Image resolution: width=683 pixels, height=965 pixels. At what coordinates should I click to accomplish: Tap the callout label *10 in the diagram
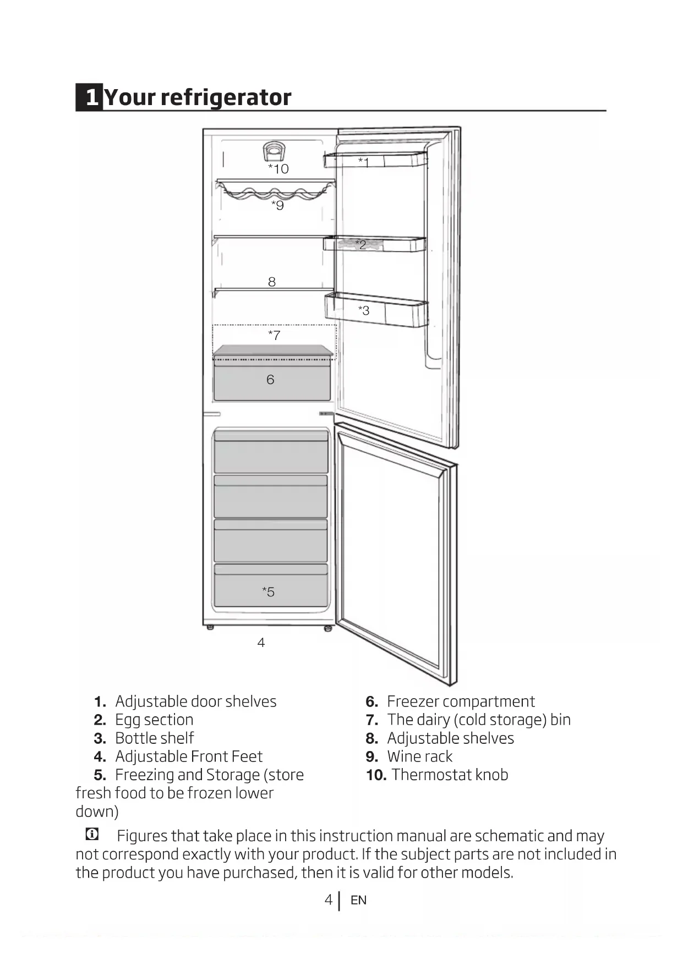pyautogui.click(x=278, y=169)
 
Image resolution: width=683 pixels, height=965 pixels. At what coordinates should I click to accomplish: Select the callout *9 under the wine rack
pyautogui.click(x=277, y=205)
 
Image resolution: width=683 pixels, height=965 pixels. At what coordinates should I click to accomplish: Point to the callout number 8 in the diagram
pyautogui.click(x=271, y=282)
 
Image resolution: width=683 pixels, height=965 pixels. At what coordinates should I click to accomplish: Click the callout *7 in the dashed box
pyautogui.click(x=274, y=335)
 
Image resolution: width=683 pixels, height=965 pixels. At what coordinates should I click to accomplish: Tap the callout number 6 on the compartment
pyautogui.click(x=270, y=380)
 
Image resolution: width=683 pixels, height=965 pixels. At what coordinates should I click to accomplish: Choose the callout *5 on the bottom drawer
pyautogui.click(x=268, y=592)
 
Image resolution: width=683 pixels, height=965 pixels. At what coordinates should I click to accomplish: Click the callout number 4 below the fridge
pyautogui.click(x=261, y=642)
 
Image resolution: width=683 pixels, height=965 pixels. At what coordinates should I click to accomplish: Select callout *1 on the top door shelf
pyautogui.click(x=364, y=162)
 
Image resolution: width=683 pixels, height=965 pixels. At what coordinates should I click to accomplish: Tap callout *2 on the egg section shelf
pyautogui.click(x=361, y=244)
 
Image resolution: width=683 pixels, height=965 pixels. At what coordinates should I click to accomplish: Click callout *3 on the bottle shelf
pyautogui.click(x=364, y=310)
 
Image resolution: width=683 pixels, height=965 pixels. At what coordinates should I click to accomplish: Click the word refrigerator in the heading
pyautogui.click(x=226, y=97)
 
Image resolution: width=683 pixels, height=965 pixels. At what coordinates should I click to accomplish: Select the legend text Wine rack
pyautogui.click(x=419, y=756)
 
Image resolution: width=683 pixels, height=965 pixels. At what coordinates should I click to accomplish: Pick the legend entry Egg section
pyautogui.click(x=154, y=720)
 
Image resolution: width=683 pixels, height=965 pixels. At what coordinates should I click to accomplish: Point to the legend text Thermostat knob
pyautogui.click(x=450, y=775)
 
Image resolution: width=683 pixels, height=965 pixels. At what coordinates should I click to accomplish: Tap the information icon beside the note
pyautogui.click(x=92, y=834)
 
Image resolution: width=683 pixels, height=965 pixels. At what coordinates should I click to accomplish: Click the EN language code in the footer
pyautogui.click(x=358, y=900)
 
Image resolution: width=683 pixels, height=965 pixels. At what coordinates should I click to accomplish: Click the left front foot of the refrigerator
pyautogui.click(x=210, y=627)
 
